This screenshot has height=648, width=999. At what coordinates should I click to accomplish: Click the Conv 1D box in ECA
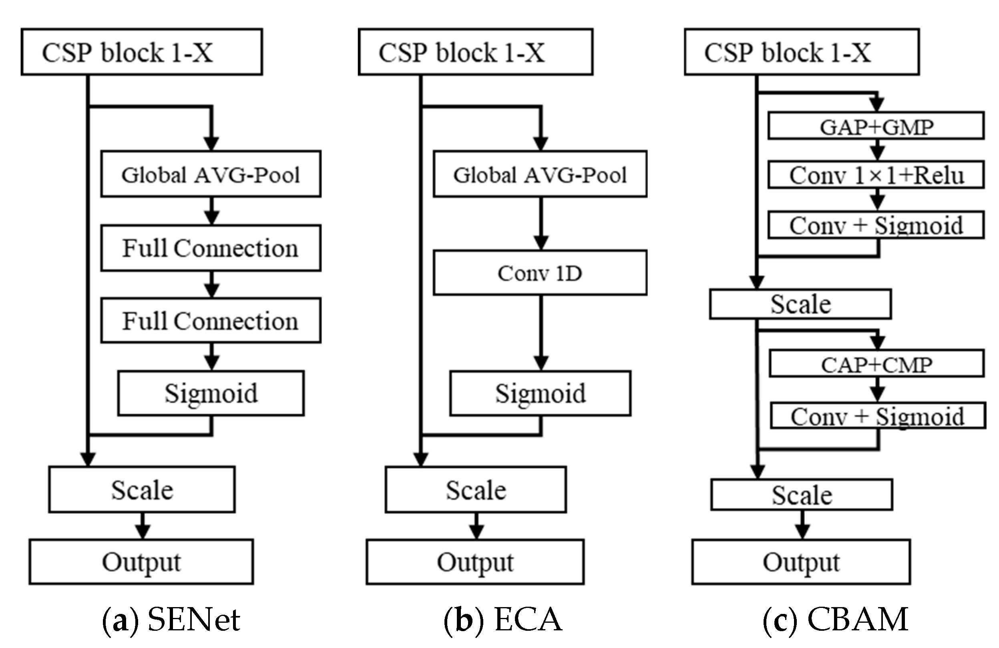[x=540, y=273]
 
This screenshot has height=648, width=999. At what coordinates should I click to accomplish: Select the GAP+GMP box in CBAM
[x=876, y=126]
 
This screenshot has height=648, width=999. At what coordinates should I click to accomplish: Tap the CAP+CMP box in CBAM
[x=876, y=364]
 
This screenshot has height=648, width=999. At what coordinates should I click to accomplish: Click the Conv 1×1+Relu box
[x=876, y=175]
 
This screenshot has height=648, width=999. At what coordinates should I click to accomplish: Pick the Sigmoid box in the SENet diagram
[x=211, y=393]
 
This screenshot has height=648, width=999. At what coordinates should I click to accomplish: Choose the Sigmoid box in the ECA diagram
[x=540, y=393]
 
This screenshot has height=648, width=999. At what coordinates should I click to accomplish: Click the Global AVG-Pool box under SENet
[x=211, y=174]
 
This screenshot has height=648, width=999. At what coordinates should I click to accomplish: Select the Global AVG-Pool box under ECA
[x=540, y=174]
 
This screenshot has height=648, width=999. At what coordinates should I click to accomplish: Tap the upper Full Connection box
[x=211, y=248]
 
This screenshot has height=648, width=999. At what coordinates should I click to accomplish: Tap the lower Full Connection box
[x=211, y=321]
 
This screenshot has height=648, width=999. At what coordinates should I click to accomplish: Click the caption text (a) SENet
[x=171, y=620]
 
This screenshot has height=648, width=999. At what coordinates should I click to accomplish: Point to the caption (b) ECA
[x=503, y=620]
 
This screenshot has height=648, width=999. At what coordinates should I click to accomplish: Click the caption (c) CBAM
[x=835, y=620]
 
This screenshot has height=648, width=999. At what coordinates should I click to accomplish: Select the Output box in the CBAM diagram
[x=801, y=562]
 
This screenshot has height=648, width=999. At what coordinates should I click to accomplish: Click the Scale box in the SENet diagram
[x=142, y=490]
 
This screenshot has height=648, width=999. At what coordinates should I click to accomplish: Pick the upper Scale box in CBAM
[x=800, y=304]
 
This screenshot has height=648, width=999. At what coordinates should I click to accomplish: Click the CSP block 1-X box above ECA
[x=475, y=52]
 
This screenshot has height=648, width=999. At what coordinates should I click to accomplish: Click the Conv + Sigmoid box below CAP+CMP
[x=877, y=416]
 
